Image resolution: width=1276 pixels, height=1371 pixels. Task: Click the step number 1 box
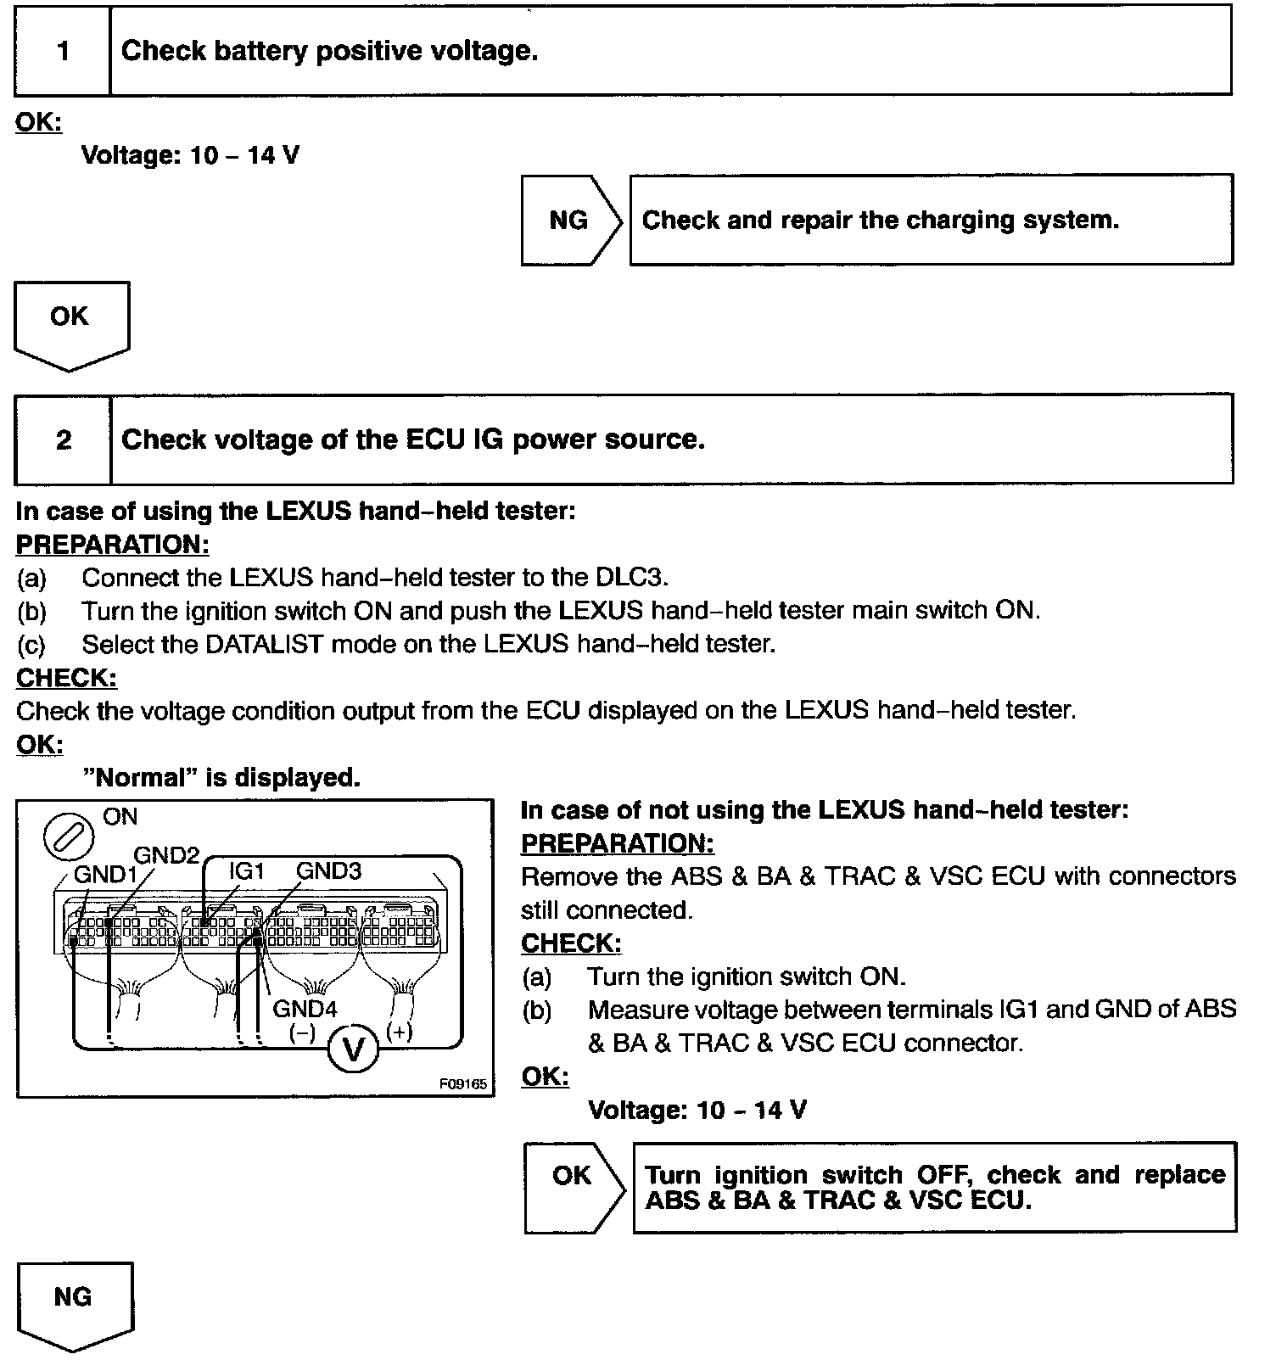tap(63, 51)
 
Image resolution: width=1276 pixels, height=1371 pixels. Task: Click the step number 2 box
tap(64, 439)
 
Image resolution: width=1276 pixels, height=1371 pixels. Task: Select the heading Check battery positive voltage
tap(329, 51)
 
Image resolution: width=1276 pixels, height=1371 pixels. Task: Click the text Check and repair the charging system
tap(880, 221)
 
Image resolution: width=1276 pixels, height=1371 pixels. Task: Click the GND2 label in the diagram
tap(165, 855)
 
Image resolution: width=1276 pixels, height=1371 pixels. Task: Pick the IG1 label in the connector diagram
tap(247, 871)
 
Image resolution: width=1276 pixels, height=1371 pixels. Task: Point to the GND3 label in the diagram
tap(328, 871)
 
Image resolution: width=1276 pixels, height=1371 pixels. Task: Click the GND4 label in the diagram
tap(305, 1010)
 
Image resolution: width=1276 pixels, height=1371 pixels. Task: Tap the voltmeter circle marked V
tap(352, 1051)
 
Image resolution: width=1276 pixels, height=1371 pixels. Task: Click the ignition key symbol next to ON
tap(68, 836)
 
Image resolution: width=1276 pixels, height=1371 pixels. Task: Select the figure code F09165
tap(463, 1084)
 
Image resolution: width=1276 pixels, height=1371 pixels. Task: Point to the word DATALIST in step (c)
tap(264, 644)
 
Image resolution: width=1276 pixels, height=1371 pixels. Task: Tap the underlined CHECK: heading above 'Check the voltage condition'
tap(66, 678)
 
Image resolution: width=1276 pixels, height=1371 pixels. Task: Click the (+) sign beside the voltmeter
tap(400, 1032)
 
